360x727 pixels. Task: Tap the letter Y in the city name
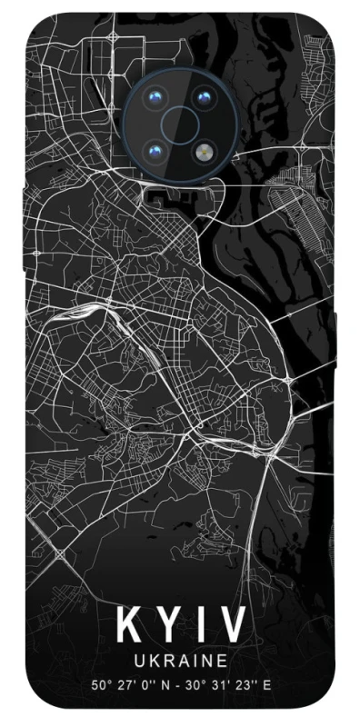point(167,625)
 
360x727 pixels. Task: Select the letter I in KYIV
point(199,625)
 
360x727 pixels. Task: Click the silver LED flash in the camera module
point(202,147)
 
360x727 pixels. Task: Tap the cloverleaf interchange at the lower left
point(62,553)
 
